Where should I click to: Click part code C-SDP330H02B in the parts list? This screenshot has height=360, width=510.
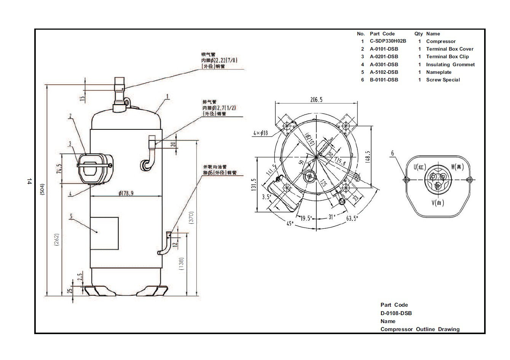click(x=388, y=41)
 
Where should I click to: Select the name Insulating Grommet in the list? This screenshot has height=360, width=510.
click(x=450, y=64)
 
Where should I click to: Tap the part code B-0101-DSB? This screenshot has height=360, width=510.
click(x=384, y=80)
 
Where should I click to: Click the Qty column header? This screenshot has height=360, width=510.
click(x=419, y=33)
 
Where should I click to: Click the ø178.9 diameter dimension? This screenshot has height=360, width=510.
click(x=126, y=193)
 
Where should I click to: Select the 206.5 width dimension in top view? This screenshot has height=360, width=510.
click(x=316, y=100)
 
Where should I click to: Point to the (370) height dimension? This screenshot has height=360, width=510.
click(x=192, y=217)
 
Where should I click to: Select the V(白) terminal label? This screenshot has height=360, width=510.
click(x=438, y=203)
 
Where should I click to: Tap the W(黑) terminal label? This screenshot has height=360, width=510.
click(x=457, y=167)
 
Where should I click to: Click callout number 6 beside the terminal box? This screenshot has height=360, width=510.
click(x=392, y=153)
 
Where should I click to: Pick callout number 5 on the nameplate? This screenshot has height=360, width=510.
click(x=71, y=217)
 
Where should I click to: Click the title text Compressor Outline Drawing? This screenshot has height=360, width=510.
click(x=420, y=329)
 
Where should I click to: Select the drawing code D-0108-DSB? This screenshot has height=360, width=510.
click(x=396, y=313)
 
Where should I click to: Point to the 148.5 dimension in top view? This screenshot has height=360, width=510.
click(x=367, y=156)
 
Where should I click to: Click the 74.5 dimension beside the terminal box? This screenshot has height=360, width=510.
click(x=59, y=169)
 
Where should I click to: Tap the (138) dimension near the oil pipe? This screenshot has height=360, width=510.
click(x=181, y=264)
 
